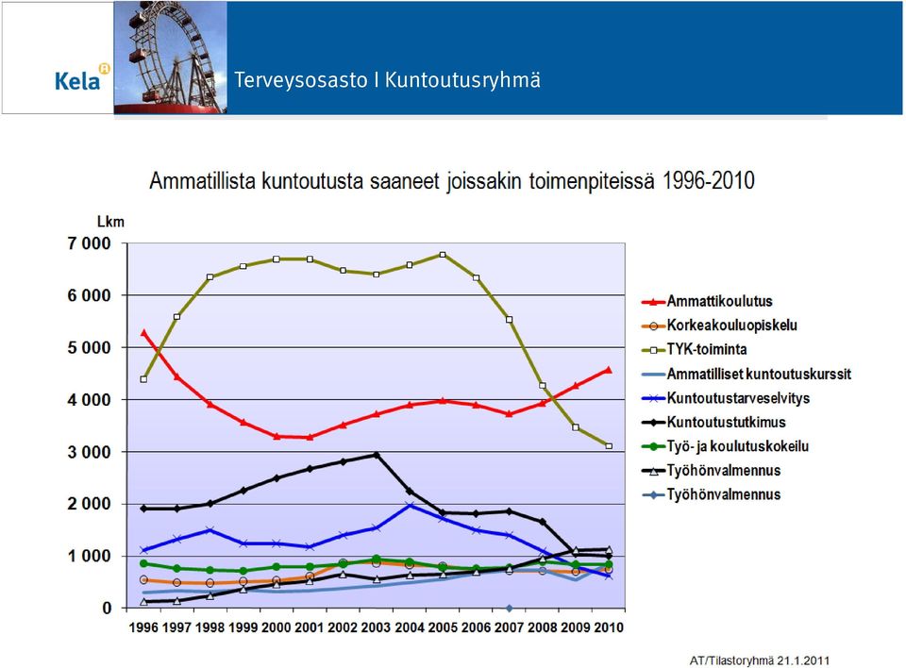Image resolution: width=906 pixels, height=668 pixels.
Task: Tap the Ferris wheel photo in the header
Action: click(171, 58)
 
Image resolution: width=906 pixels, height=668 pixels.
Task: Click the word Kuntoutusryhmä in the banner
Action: click(462, 80)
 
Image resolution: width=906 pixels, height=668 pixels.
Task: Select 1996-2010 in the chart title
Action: click(709, 181)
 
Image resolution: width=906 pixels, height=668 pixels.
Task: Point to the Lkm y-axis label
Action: click(110, 222)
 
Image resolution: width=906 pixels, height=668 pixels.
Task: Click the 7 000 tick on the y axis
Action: click(89, 243)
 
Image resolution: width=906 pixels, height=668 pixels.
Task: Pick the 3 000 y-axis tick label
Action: click(89, 452)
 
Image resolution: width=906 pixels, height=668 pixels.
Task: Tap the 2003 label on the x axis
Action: click(377, 627)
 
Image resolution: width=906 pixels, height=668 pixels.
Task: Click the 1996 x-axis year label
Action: click(143, 627)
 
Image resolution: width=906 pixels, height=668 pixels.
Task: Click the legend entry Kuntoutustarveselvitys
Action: click(726, 398)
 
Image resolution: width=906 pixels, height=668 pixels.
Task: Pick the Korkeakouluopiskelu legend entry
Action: click(719, 326)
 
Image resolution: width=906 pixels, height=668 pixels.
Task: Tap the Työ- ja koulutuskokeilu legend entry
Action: click(725, 446)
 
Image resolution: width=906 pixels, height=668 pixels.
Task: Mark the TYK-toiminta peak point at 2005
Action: click(443, 255)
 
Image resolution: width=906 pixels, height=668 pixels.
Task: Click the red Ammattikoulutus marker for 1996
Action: click(143, 333)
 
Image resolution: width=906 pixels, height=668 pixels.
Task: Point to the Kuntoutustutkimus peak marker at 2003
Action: click(377, 456)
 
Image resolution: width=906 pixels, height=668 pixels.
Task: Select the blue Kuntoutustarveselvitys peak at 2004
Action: click(410, 506)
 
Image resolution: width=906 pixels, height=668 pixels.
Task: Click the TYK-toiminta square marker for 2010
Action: click(609, 446)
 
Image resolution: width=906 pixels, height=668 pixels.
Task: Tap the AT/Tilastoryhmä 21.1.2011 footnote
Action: click(759, 660)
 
